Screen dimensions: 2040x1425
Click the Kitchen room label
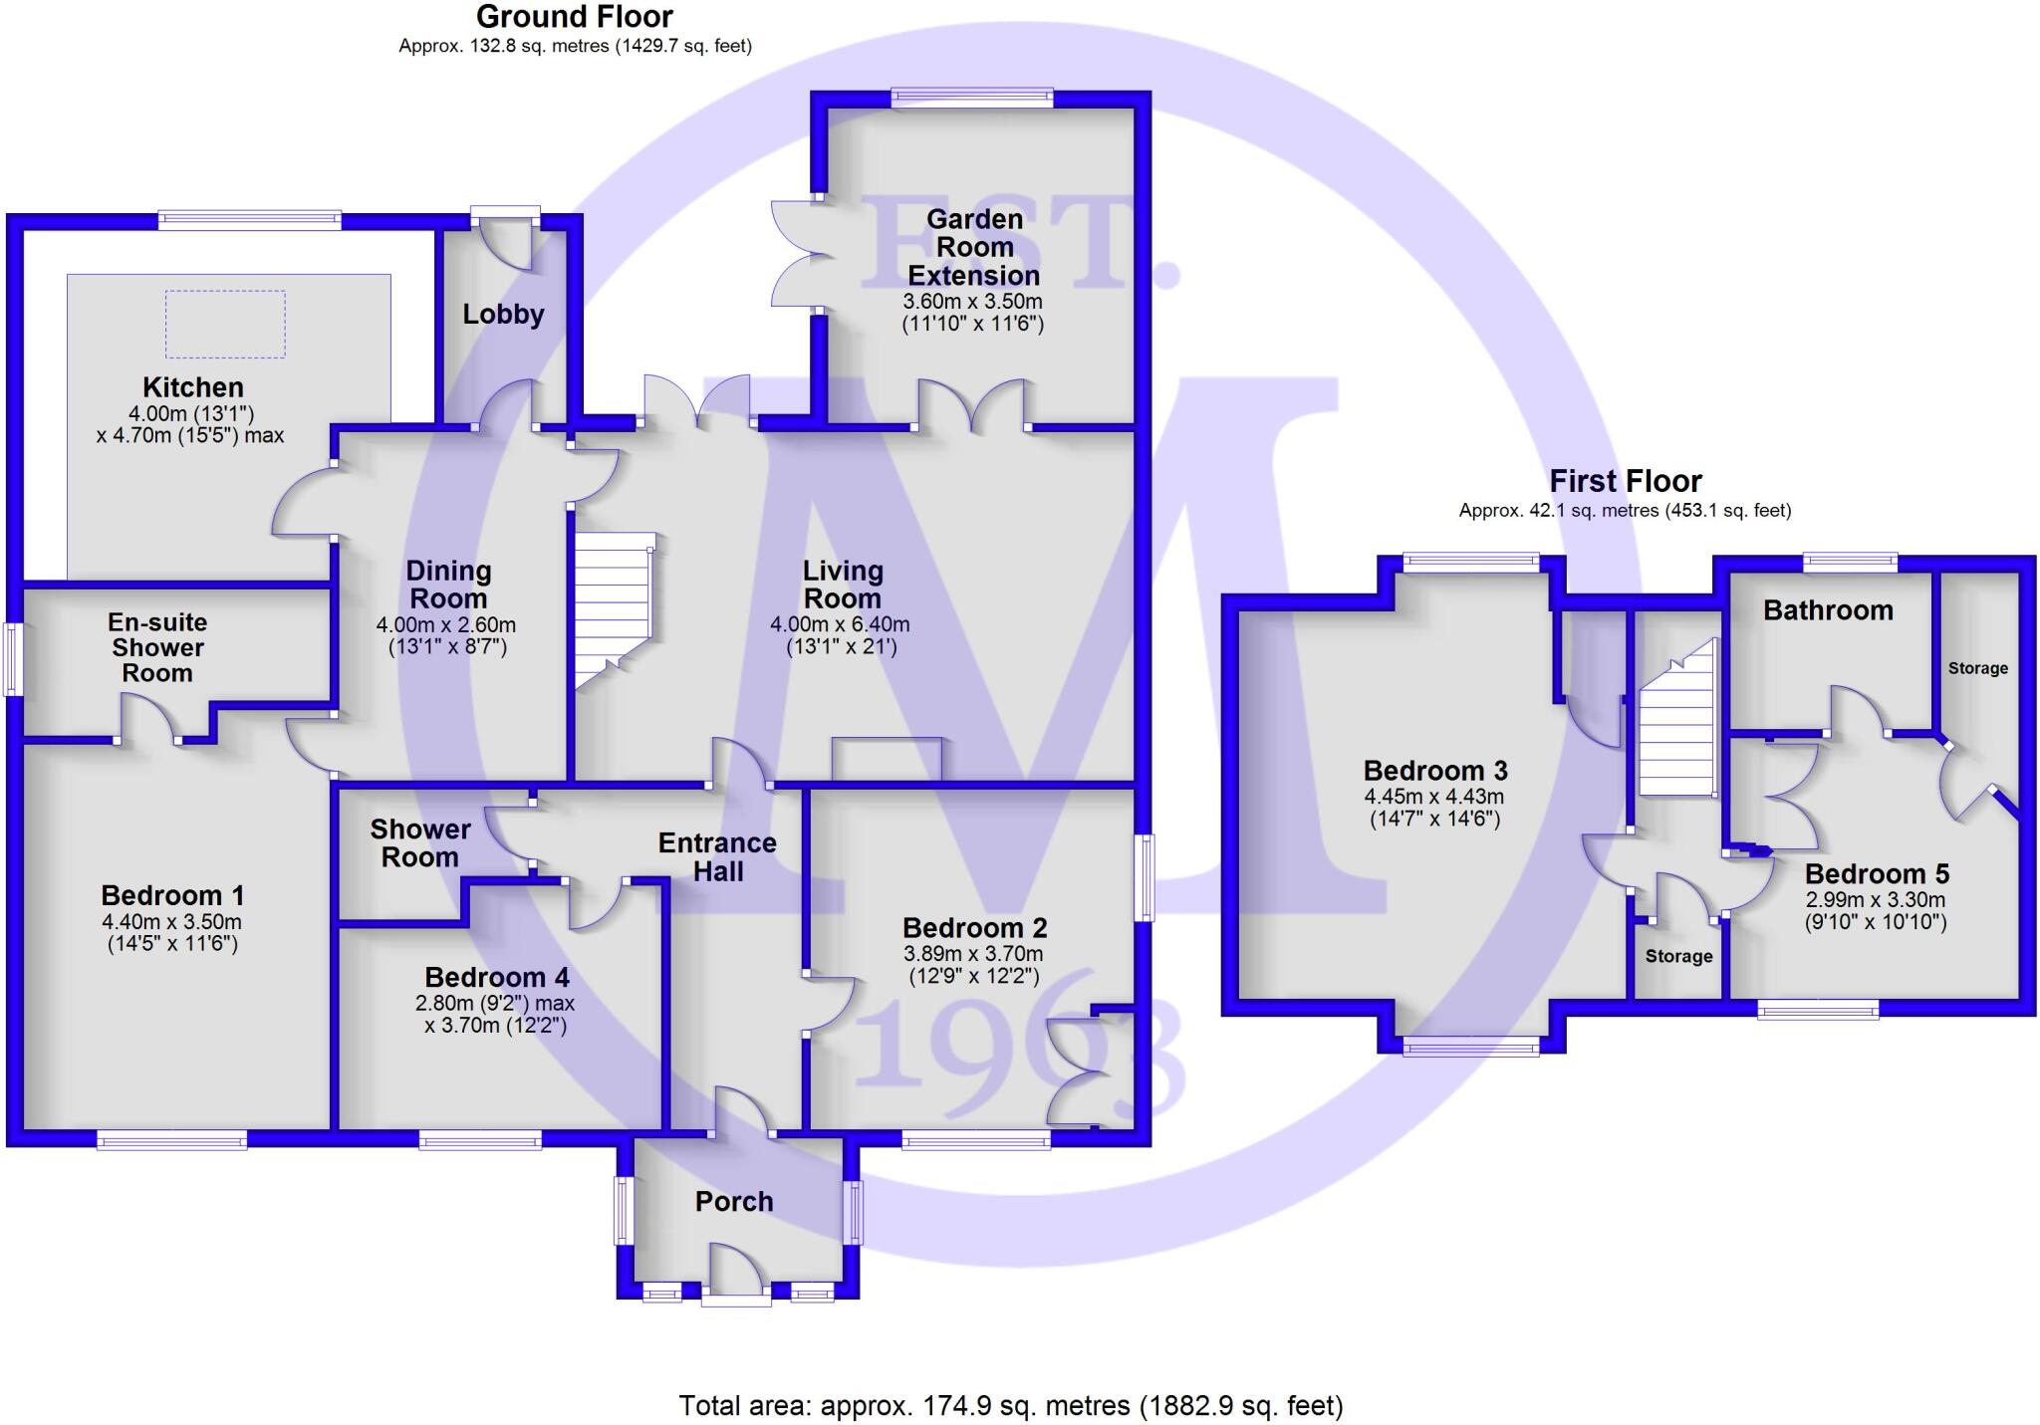(x=192, y=387)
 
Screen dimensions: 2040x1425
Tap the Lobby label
(x=503, y=315)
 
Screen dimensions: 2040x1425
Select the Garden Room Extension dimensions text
(x=972, y=313)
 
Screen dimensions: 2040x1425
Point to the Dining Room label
(x=448, y=585)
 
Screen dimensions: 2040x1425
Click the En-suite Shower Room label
(x=157, y=647)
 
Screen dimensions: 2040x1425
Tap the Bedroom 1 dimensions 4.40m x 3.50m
(x=171, y=933)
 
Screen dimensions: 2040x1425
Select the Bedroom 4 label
(x=497, y=977)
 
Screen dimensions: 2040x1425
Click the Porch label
(x=734, y=1202)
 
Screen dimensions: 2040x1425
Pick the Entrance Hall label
(x=717, y=856)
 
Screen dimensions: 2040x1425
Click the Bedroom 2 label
(x=974, y=928)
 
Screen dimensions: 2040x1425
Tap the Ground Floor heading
(x=575, y=17)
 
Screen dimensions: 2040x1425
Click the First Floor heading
(x=1625, y=482)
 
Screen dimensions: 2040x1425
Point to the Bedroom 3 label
(x=1434, y=771)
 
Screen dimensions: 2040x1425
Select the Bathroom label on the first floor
(x=1828, y=610)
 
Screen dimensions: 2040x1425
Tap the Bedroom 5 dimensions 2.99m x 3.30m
(x=1875, y=911)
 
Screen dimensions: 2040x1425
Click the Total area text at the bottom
(x=1011, y=1405)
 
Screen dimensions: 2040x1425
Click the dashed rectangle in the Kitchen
(x=225, y=324)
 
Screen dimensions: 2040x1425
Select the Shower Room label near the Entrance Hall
(x=420, y=842)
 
